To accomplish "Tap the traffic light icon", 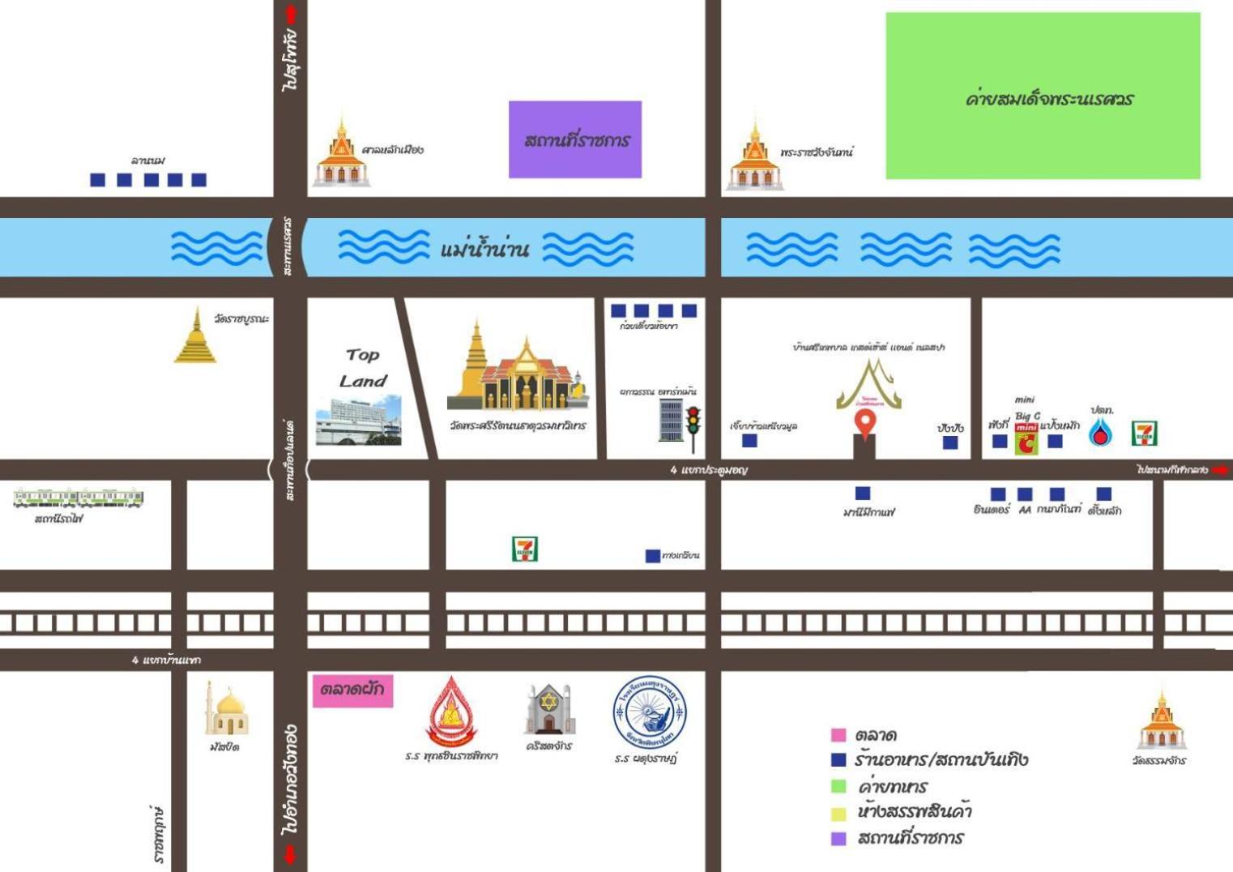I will tap(693, 427).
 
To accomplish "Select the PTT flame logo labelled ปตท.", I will tap(1099, 434).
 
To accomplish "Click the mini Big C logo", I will tap(1026, 438).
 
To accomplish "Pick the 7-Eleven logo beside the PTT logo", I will tap(1144, 434).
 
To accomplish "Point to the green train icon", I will tap(79, 498).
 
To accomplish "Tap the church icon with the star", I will tap(548, 710).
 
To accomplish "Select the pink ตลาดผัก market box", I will tap(352, 690).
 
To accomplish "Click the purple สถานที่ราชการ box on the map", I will tap(575, 139).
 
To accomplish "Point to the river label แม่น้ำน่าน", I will tap(484, 248).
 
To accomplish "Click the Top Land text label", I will tap(362, 367).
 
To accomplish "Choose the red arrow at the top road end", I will tap(291, 15).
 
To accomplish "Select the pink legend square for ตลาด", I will tap(838, 735).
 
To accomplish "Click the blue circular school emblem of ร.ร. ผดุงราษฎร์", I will tap(649, 712).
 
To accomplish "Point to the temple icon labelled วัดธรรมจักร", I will tap(1161, 721).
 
